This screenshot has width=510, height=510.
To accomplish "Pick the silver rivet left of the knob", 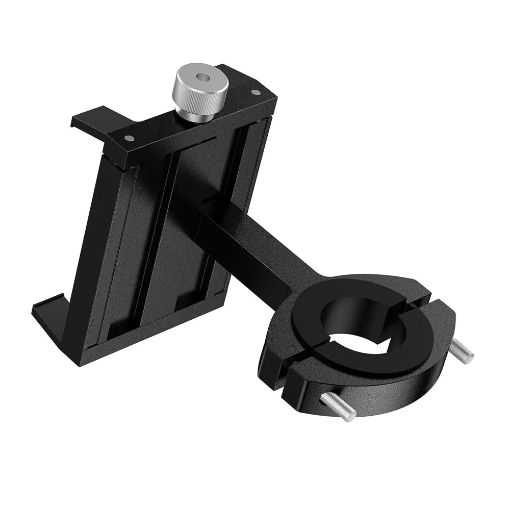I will coord(127,138).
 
